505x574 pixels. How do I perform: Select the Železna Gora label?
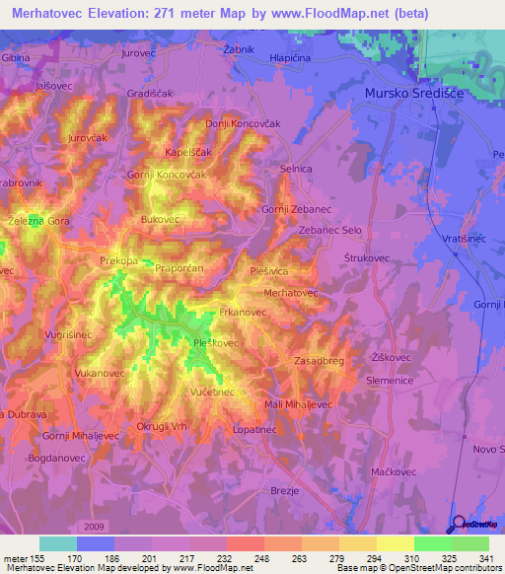click(x=38, y=221)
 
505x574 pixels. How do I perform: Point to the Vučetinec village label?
click(x=211, y=392)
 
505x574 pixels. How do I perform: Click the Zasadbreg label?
click(x=319, y=362)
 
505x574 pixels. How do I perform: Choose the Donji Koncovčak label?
click(x=238, y=124)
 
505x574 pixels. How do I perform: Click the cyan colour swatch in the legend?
click(x=58, y=543)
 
